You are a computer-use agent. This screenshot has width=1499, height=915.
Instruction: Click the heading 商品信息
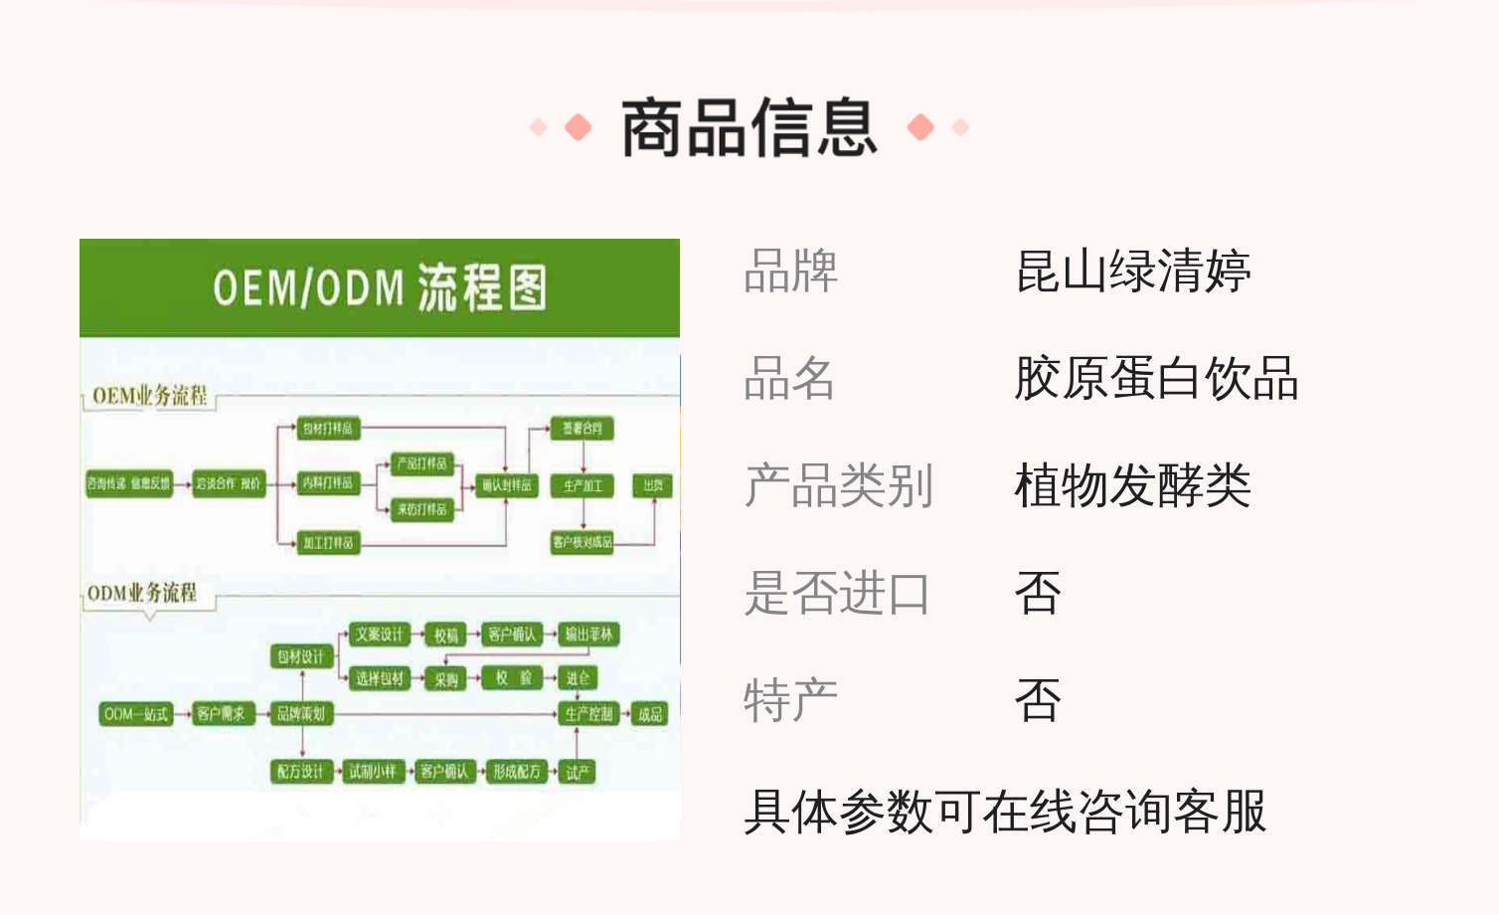pos(749,128)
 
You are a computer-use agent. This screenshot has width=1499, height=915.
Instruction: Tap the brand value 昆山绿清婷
pos(1132,272)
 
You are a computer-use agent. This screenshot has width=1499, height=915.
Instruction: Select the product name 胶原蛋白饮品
pos(1156,379)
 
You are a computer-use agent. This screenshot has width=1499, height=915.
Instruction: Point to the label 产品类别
pos(838,486)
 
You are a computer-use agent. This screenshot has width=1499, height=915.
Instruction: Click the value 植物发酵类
pos(1132,486)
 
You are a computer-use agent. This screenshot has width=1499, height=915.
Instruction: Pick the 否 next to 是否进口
pos(1038,594)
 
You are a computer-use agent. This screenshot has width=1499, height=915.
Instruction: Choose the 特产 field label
pos(790,701)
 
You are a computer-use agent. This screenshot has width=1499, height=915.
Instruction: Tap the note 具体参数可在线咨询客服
pos(1005,811)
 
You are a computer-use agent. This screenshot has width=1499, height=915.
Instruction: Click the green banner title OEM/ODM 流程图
pos(380,288)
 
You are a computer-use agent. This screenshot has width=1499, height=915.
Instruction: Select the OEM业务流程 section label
pos(150,396)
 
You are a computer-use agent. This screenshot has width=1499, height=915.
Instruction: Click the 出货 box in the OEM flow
pos(653,485)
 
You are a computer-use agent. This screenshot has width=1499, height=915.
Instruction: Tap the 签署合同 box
pos(583,429)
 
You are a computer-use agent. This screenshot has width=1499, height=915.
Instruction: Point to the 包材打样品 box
pos(328,429)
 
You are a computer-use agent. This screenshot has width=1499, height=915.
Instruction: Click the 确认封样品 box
pos(507,485)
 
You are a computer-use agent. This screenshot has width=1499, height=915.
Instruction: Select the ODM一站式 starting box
pos(136,714)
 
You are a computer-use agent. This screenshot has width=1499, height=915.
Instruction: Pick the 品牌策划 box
pos(301,714)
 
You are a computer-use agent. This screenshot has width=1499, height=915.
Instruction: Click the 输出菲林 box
pos(588,635)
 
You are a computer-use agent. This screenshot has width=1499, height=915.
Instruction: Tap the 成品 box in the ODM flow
pos(650,714)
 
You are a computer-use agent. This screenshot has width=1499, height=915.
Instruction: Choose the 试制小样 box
pos(373,772)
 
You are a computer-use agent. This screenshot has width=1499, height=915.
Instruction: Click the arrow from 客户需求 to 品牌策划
pos(263,714)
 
